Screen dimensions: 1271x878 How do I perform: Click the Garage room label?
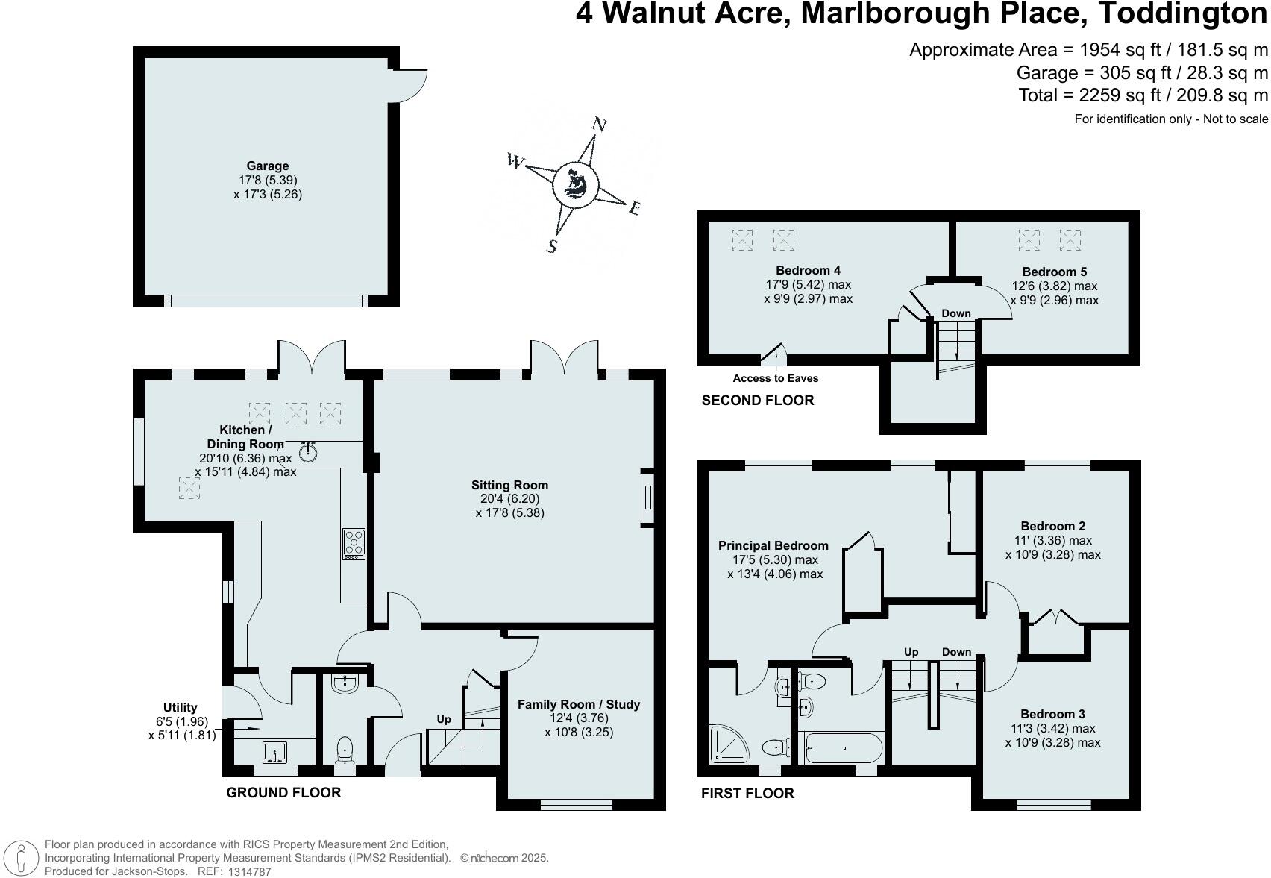click(x=267, y=166)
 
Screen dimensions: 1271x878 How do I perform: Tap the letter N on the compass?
click(x=599, y=125)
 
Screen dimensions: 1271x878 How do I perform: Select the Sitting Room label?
click(x=509, y=486)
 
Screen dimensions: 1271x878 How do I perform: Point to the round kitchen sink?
click(x=308, y=452)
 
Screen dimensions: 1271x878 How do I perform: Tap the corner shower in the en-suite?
click(x=729, y=744)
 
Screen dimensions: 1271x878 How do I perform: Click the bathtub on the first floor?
click(x=844, y=748)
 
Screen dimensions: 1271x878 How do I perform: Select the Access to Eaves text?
click(x=776, y=378)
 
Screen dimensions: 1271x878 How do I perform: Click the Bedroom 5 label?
click(x=1054, y=272)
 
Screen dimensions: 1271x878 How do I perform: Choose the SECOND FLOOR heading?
click(x=758, y=401)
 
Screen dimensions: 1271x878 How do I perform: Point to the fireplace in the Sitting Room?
click(x=647, y=498)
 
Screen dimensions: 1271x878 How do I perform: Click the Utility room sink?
click(x=274, y=753)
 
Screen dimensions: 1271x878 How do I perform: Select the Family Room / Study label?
click(x=579, y=704)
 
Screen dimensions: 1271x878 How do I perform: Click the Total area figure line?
click(x=1143, y=95)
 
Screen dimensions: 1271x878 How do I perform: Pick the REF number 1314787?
click(x=249, y=872)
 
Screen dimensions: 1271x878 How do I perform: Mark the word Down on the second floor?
click(x=956, y=313)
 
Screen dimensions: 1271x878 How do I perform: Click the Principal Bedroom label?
click(x=773, y=546)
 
